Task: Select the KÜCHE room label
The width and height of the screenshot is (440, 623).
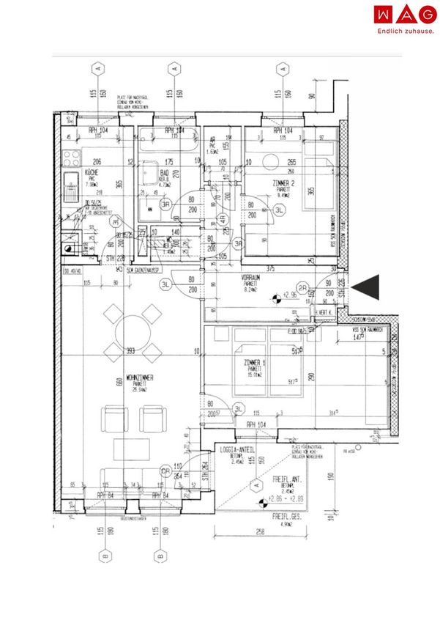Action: click(x=92, y=172)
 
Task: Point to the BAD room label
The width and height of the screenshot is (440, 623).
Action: click(x=165, y=173)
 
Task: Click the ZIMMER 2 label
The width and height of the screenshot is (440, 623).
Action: click(x=282, y=183)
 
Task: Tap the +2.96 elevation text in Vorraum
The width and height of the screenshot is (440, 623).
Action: click(x=293, y=295)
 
